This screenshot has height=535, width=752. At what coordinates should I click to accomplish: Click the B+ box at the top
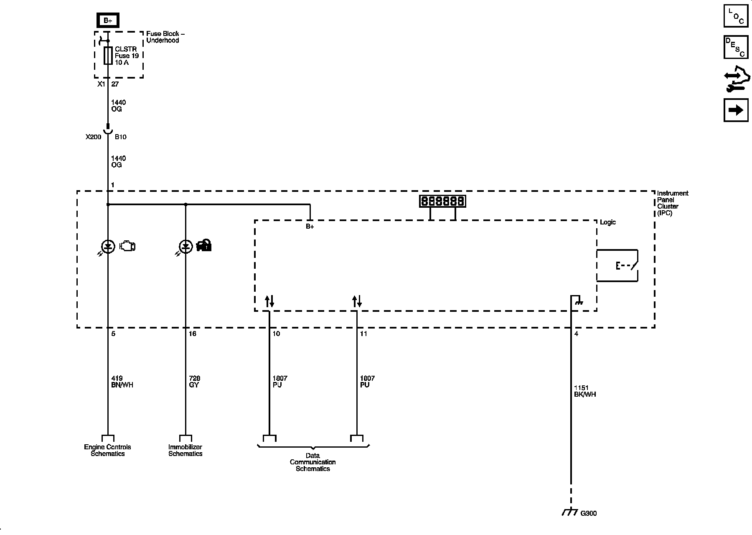(108, 20)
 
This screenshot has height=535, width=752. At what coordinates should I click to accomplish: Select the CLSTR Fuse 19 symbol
(108, 56)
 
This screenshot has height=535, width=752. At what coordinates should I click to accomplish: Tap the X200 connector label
(93, 137)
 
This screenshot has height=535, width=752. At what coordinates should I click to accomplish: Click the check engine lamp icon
(127, 247)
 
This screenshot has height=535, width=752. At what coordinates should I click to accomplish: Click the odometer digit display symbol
(442, 201)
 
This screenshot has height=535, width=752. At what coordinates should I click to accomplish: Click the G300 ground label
(588, 513)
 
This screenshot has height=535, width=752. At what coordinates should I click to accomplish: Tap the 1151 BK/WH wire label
(585, 391)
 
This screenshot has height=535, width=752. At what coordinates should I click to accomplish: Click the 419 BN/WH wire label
(122, 382)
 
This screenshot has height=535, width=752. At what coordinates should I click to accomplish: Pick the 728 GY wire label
(194, 382)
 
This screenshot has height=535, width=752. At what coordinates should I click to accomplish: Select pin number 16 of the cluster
(193, 334)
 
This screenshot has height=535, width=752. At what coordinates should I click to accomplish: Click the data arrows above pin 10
(269, 301)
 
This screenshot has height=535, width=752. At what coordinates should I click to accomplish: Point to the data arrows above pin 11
(357, 301)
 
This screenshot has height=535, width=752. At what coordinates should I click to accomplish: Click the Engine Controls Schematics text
(107, 451)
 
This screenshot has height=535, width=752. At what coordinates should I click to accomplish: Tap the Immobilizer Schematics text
(185, 451)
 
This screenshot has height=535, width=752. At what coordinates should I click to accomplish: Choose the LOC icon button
(736, 15)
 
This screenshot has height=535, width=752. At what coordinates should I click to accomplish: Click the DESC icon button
(736, 47)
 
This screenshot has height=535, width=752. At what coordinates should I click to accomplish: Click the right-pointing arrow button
(736, 110)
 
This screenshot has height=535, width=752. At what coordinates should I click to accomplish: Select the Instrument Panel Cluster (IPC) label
(672, 203)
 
